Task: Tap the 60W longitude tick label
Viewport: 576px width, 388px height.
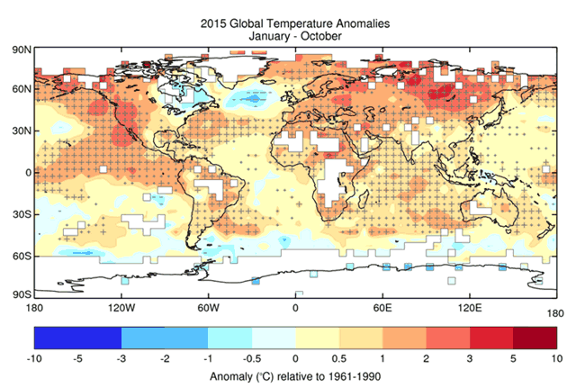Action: pyautogui.click(x=208, y=308)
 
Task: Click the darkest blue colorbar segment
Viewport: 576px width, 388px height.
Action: pyautogui.click(x=77, y=337)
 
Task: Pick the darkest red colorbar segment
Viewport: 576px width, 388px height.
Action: pyautogui.click(x=535, y=337)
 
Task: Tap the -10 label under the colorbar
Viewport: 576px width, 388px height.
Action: pyautogui.click(x=35, y=357)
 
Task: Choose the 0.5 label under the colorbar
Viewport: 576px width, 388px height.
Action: pyautogui.click(x=339, y=357)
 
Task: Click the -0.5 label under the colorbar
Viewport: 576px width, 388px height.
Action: pyautogui.click(x=252, y=357)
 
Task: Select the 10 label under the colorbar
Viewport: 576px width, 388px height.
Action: pyautogui.click(x=556, y=357)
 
